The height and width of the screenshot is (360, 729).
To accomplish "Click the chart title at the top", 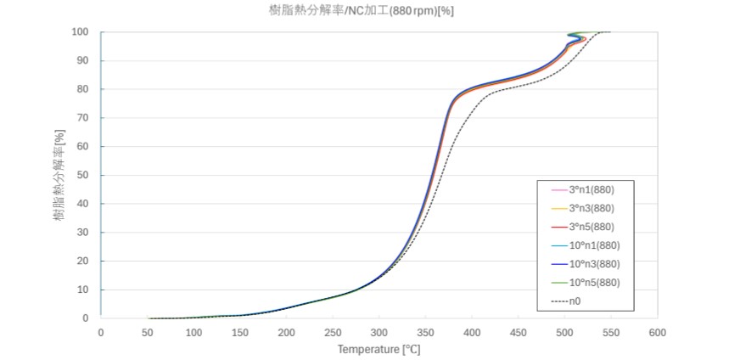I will pos(363,11).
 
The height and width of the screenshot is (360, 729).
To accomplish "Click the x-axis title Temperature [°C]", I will pos(379,348).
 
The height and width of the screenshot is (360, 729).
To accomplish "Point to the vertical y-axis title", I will pos(59,175).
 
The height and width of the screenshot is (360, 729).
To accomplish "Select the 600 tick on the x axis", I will pos(657,332).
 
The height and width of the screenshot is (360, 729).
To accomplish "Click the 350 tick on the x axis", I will pos(425,332).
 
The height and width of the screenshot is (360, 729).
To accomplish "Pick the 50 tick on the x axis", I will pos(148,332).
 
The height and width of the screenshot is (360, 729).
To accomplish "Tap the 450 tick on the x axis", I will pos(518,332).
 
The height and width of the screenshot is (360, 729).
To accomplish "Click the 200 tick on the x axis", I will pos(286,332).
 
